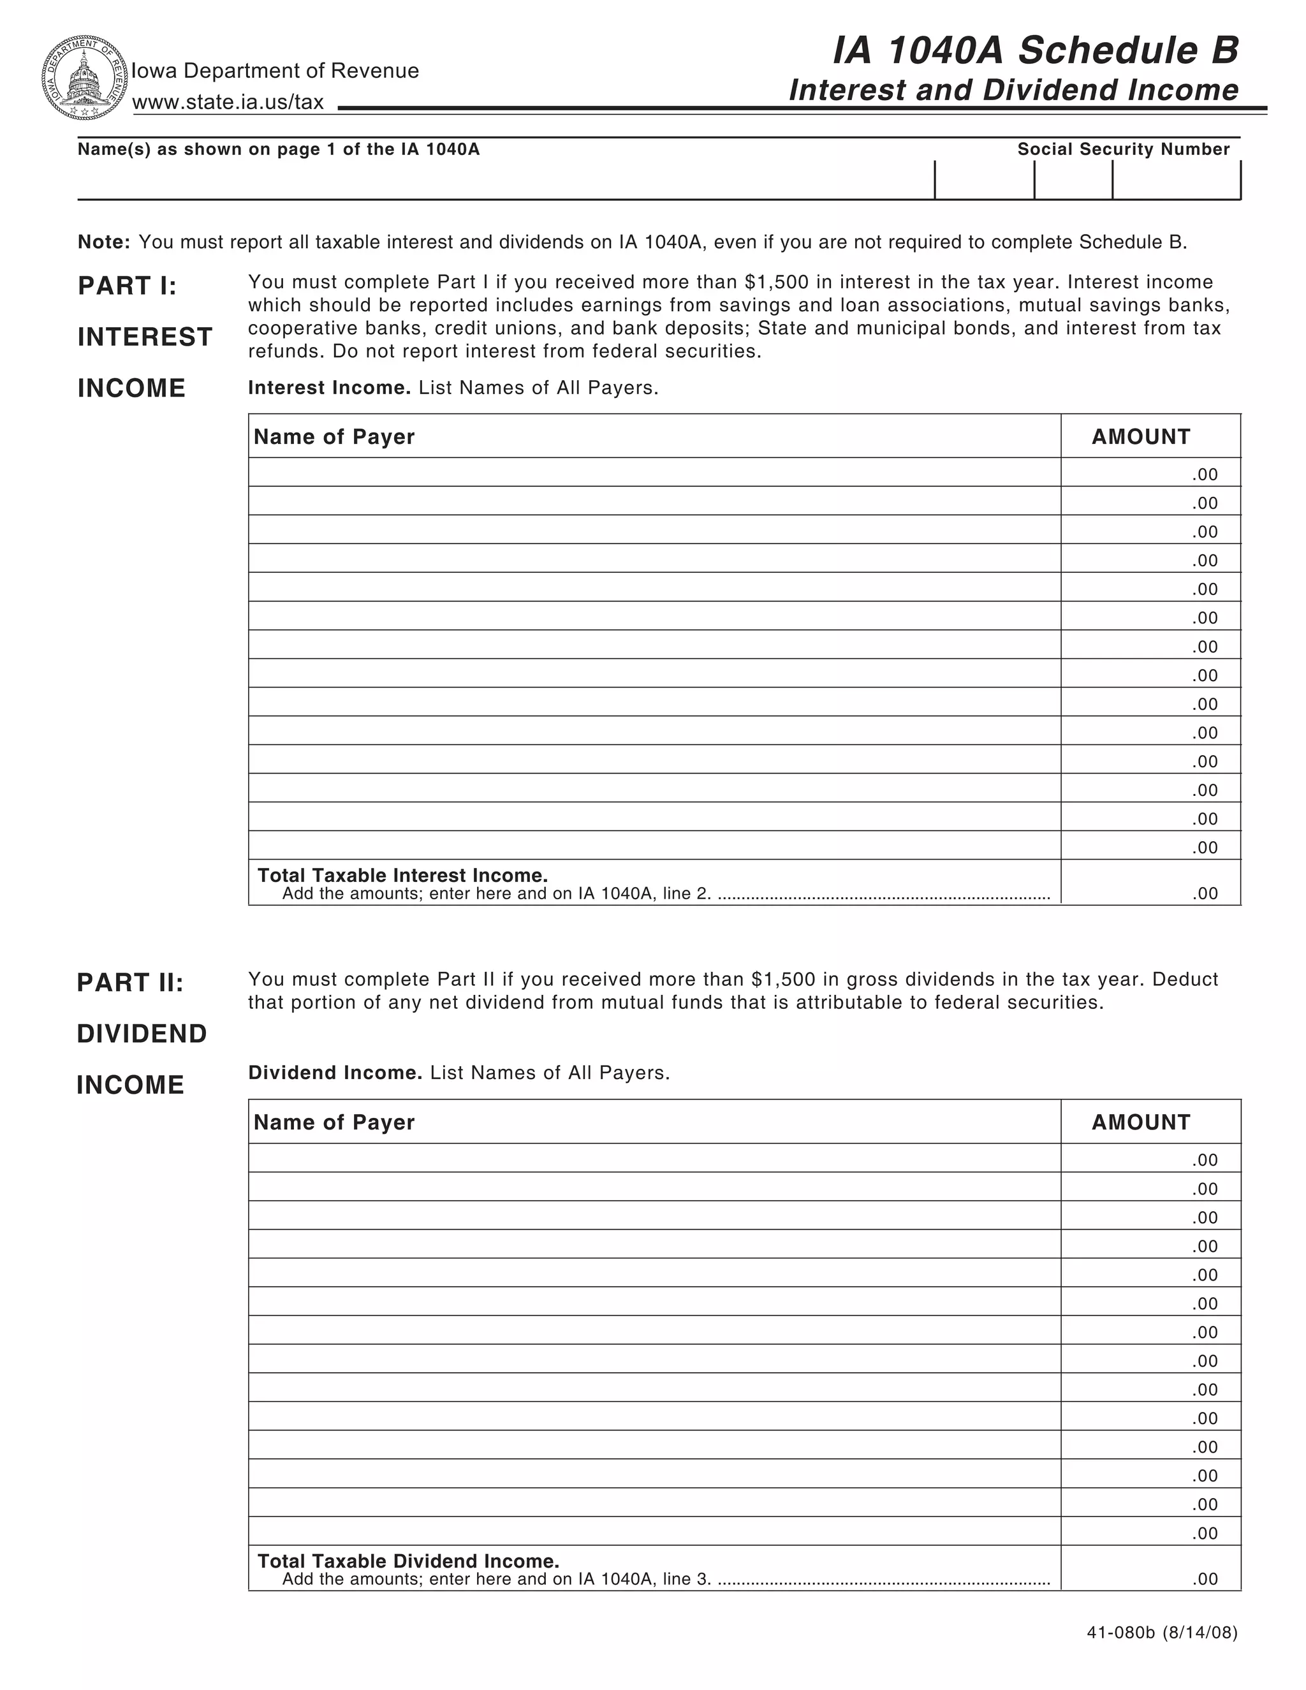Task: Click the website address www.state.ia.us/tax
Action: click(x=228, y=102)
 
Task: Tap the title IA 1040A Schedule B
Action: click(x=1035, y=51)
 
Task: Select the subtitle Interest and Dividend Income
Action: click(x=1013, y=91)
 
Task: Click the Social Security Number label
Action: click(x=1122, y=149)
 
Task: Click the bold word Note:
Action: click(x=104, y=242)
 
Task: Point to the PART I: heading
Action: click(x=128, y=286)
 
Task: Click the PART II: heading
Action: click(x=130, y=982)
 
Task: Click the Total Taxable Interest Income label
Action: click(x=402, y=875)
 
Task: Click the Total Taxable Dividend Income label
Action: click(x=407, y=1561)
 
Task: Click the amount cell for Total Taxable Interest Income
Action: click(x=1150, y=883)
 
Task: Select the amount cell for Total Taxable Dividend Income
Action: click(x=1150, y=1569)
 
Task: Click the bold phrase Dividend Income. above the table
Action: click(x=335, y=1073)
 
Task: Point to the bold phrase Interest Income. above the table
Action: click(x=329, y=388)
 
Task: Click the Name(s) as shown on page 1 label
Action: click(x=279, y=149)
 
